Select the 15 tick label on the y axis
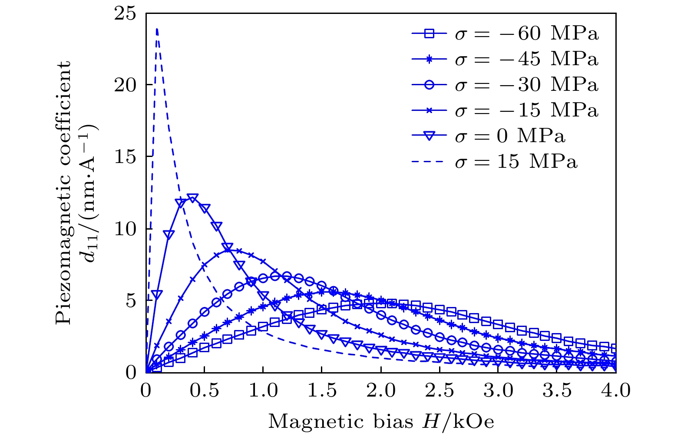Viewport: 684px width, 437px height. point(126,157)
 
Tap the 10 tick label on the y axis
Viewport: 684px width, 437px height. point(126,229)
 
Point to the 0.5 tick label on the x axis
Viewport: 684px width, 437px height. point(204,390)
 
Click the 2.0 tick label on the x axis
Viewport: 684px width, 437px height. point(381,390)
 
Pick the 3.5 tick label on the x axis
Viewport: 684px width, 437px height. point(557,390)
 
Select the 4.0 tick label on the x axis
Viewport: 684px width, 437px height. point(616,390)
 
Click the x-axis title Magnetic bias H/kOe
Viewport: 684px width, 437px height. point(381,421)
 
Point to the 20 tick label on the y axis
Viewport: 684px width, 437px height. point(126,85)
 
